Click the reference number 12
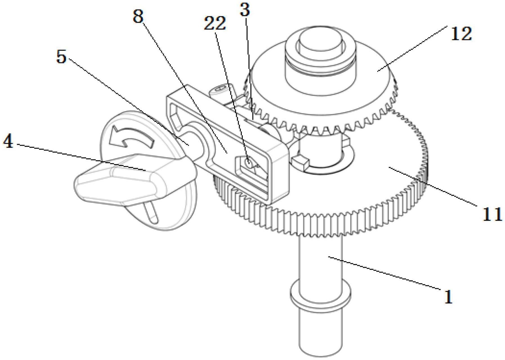click(x=461, y=34)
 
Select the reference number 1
click(x=448, y=297)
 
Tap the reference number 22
click(x=214, y=24)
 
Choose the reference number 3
click(x=245, y=10)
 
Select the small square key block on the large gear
click(x=301, y=163)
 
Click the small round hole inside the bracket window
click(x=248, y=163)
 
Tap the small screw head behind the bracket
click(x=220, y=90)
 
